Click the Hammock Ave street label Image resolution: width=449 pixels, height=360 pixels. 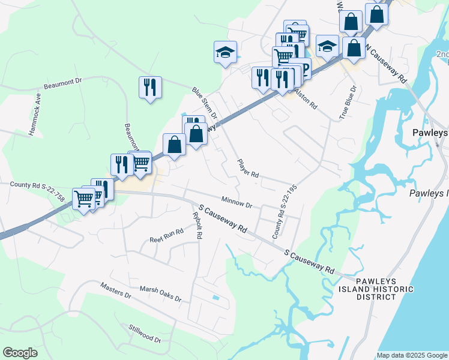35,113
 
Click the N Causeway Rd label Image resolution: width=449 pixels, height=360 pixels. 387,64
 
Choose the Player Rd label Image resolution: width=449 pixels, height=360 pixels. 247,169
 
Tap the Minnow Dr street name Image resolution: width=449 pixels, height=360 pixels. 236,202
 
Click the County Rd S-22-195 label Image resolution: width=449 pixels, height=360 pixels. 285,211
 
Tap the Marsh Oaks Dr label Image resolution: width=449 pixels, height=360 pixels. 160,293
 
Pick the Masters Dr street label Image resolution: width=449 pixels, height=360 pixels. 116,290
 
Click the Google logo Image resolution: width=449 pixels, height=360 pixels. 19,353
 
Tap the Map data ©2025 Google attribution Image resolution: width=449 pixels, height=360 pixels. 412,355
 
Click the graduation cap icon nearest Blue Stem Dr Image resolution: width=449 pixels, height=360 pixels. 226,53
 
